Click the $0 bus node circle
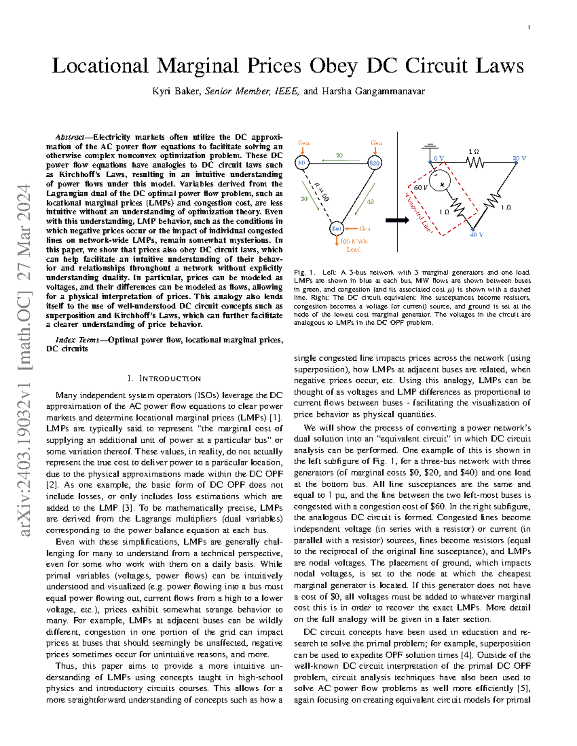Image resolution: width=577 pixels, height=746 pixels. (301, 163)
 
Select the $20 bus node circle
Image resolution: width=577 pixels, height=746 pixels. (375, 163)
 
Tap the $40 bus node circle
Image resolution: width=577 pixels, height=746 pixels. (337, 229)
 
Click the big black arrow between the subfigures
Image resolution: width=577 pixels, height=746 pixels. (397, 220)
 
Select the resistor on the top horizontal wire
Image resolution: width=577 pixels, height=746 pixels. (475, 163)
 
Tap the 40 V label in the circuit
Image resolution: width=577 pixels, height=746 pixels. (476, 235)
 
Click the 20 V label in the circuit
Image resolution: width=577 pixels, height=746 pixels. (519, 158)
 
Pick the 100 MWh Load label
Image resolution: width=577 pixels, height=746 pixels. (353, 245)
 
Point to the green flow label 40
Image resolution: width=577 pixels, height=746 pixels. (370, 202)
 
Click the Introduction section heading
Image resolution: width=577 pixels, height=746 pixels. (164, 379)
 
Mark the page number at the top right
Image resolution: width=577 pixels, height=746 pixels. (529, 27)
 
